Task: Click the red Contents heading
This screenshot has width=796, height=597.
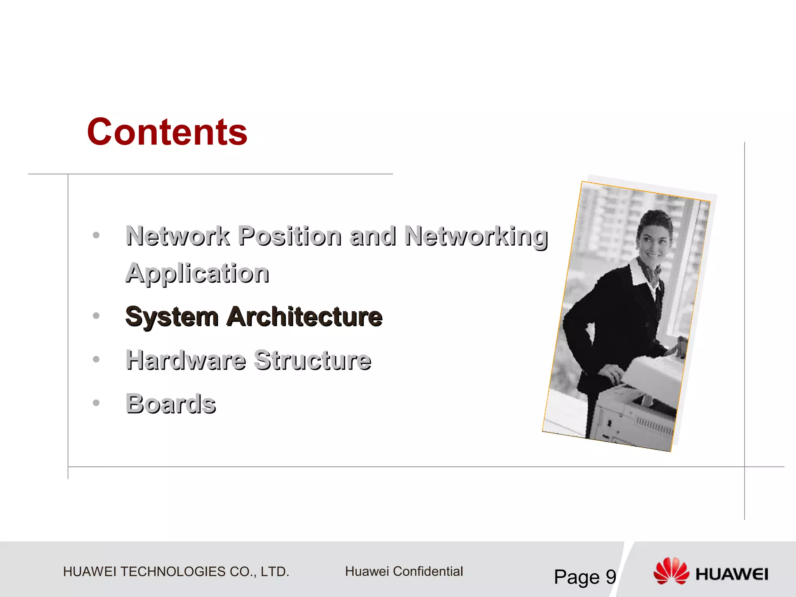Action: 167,132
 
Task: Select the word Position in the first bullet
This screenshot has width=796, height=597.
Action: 290,236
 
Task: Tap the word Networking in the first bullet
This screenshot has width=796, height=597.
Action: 476,236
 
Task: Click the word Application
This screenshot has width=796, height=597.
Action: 197,273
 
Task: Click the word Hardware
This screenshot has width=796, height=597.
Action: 186,360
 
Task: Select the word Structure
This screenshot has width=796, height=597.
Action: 313,360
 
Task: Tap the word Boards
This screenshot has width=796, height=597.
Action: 171,403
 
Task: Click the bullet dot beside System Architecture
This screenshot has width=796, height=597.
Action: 96,316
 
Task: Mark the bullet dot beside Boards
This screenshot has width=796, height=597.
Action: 96,403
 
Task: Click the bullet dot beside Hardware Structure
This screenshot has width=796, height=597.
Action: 96,359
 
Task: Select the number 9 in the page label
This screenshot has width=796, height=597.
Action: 611,577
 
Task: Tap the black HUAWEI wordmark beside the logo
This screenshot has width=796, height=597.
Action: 732,574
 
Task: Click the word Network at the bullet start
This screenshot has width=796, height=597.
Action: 178,236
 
